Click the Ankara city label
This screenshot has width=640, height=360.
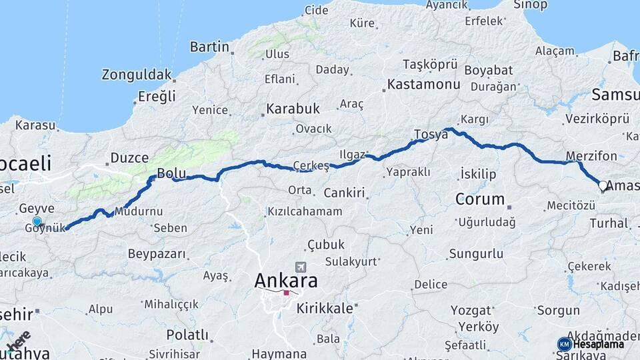click(x=286, y=281)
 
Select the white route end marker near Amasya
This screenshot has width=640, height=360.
click(x=603, y=186)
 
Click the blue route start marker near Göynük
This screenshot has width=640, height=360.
click(x=37, y=222)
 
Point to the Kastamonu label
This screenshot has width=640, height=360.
click(x=424, y=85)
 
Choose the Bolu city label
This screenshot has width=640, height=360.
click(x=171, y=174)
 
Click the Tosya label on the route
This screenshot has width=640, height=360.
click(x=431, y=134)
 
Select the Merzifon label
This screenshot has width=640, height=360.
click(x=591, y=157)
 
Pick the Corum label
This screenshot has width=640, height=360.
click(x=480, y=199)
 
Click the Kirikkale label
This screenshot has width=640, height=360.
click(x=325, y=308)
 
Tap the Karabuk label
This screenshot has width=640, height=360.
click(x=293, y=108)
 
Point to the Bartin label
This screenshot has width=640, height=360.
click(x=210, y=47)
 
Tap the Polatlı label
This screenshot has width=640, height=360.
click(x=187, y=335)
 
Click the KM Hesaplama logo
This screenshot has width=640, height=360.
click(x=591, y=344)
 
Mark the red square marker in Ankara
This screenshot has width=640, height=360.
click(x=286, y=292)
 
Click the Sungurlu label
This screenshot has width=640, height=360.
click(x=476, y=253)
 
